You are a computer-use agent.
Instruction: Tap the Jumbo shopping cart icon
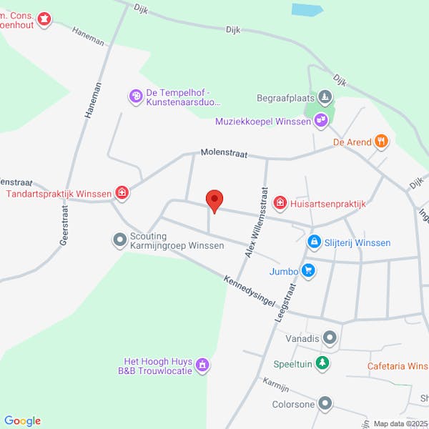tap(308, 270)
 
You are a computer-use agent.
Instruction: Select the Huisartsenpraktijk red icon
tap(280, 204)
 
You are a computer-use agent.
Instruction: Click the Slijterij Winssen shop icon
tap(314, 243)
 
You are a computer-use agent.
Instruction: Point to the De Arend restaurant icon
tap(382, 142)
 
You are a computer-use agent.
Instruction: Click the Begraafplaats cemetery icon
tap(325, 97)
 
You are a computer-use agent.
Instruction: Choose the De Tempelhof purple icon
tap(136, 96)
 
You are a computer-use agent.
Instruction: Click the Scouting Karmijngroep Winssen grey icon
tap(119, 240)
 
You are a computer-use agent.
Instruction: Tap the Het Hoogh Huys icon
tap(202, 366)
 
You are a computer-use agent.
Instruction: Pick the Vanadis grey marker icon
tap(330, 336)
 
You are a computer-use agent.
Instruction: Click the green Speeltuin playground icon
tap(323, 363)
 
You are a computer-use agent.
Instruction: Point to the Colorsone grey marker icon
tap(325, 404)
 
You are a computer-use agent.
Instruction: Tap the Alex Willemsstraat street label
tap(257, 223)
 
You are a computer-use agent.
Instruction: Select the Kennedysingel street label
tap(248, 292)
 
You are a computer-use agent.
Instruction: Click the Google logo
tap(22, 420)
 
